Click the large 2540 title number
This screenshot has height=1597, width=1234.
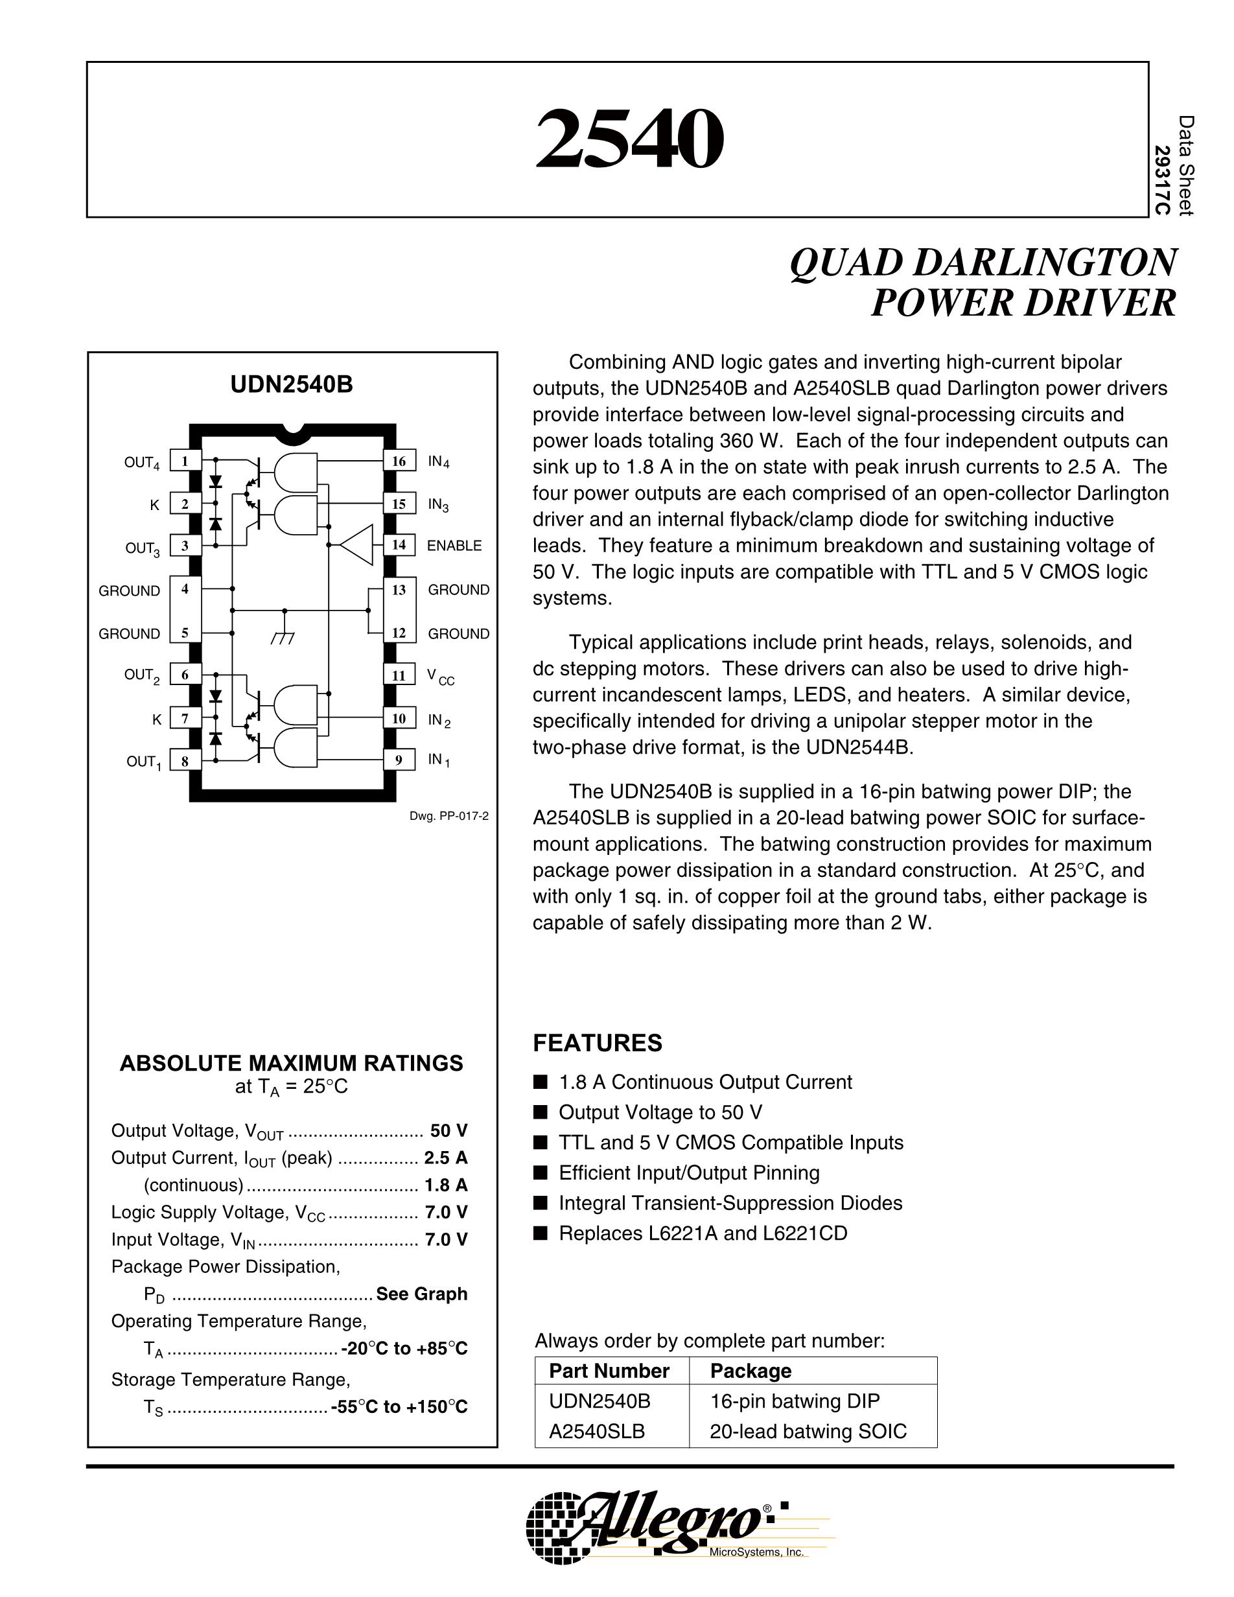629,138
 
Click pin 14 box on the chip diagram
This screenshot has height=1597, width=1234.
399,545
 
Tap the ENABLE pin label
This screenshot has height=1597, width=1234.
454,546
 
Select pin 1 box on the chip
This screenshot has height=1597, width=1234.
185,461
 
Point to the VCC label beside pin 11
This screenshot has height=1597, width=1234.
440,677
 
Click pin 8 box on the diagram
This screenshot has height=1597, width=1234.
185,760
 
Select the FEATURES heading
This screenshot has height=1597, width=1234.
598,1043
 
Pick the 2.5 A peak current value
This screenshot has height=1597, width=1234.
446,1158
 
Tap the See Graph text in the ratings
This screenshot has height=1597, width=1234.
422,1294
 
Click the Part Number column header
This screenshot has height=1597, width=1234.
609,1370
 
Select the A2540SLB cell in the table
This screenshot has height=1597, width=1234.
596,1431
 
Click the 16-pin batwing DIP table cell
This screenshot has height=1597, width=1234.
795,1401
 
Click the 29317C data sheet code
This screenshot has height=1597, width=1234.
1161,181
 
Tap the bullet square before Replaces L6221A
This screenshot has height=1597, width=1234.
541,1233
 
